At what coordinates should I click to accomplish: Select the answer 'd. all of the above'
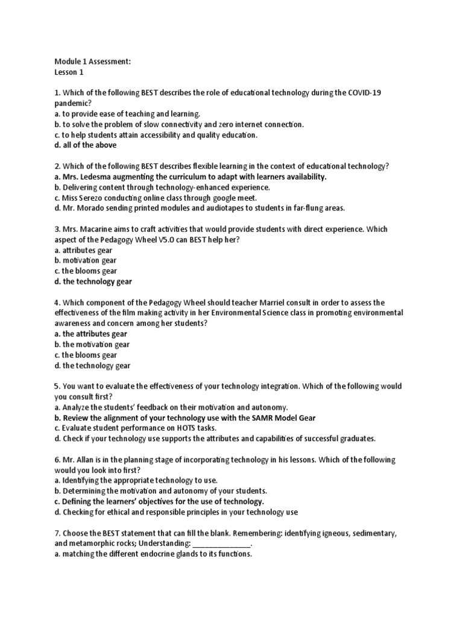click(x=85, y=145)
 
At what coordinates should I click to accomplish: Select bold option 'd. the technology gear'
click(x=93, y=281)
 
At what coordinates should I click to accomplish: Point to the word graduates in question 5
click(x=354, y=439)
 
